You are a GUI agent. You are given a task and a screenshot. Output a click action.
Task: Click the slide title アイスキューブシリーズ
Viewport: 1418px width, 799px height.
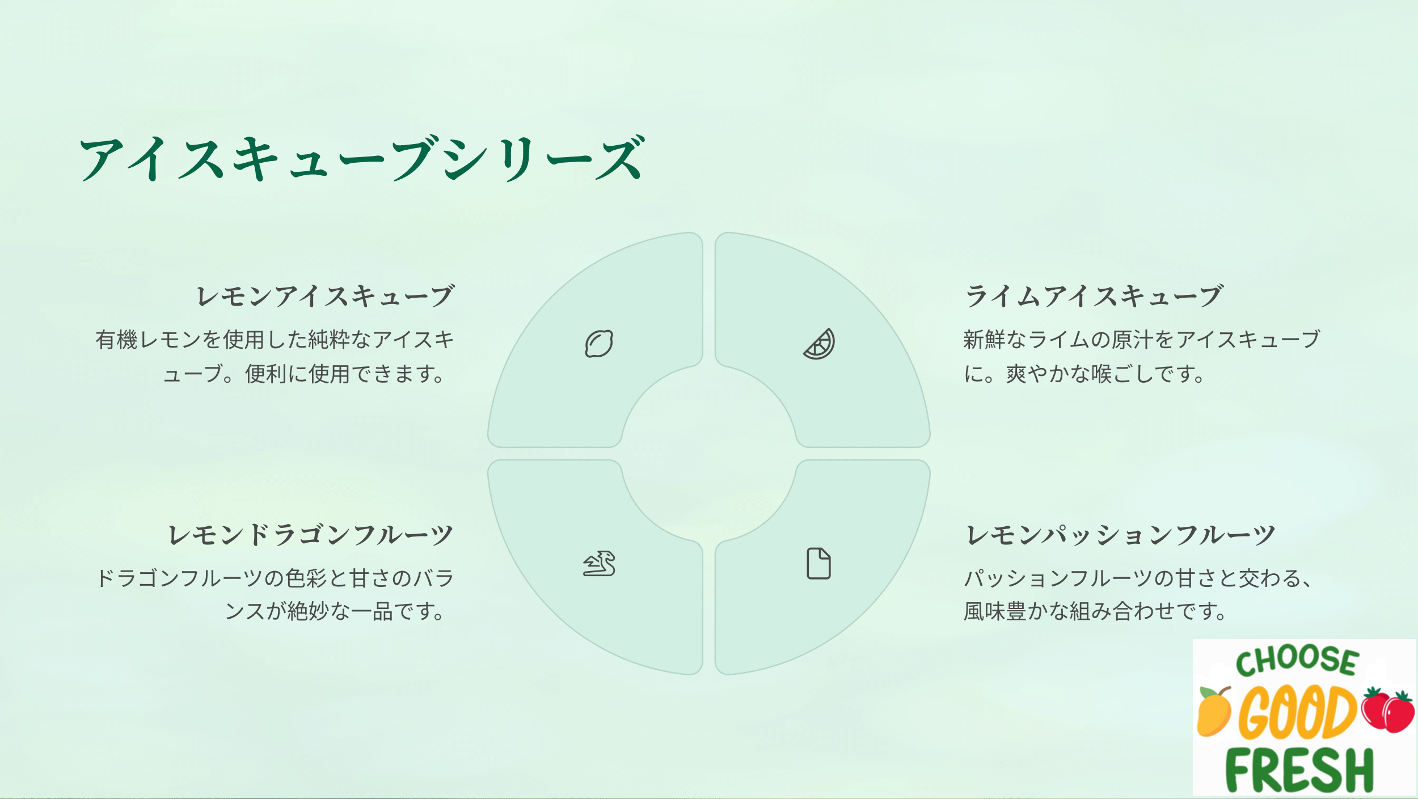pos(362,158)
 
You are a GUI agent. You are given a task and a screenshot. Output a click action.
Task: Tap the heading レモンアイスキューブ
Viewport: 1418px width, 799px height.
pos(325,296)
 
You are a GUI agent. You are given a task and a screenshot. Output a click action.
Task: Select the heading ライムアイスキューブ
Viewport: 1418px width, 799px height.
pos(1094,296)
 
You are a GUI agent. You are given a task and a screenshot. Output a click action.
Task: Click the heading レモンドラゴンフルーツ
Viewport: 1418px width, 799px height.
pos(311,535)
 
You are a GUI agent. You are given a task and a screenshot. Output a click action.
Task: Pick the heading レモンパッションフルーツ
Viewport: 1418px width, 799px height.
pos(1120,535)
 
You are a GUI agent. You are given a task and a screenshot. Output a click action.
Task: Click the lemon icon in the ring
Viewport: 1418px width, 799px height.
pos(599,344)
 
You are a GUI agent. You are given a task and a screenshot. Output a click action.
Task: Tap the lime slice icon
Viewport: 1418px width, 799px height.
pos(819,344)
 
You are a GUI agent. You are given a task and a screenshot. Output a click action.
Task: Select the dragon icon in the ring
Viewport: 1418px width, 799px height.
pos(599,564)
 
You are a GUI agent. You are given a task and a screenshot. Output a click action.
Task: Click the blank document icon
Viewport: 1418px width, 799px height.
pos(819,564)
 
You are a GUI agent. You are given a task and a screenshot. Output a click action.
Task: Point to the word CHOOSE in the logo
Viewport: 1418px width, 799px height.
pos(1298,661)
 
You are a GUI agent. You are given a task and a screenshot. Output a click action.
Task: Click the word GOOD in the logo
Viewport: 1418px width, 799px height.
pos(1298,712)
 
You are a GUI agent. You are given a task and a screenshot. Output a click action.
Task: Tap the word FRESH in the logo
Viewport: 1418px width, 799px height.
pos(1299,770)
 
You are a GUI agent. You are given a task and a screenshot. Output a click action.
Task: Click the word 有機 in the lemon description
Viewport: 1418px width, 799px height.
pos(116,340)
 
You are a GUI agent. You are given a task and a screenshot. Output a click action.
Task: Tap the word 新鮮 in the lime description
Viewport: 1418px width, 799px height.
pos(985,340)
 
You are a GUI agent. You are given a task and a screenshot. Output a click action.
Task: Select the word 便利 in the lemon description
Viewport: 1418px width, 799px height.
pos(266,374)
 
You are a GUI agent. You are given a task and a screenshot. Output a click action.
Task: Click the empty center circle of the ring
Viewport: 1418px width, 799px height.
pos(709,454)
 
